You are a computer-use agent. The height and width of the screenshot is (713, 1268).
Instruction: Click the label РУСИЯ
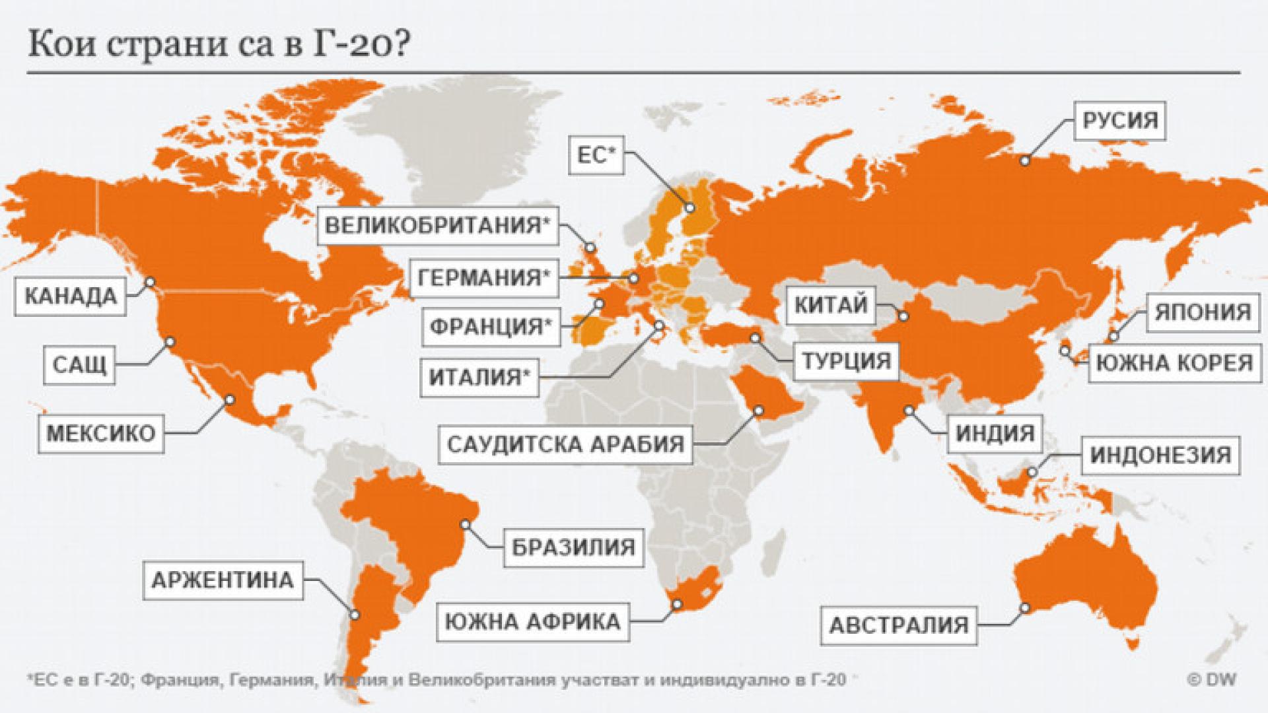(1120, 121)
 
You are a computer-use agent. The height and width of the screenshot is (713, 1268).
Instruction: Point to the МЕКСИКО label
(101, 434)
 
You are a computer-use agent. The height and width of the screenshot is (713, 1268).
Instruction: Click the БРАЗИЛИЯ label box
(573, 547)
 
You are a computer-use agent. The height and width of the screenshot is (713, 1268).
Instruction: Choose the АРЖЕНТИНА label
(223, 581)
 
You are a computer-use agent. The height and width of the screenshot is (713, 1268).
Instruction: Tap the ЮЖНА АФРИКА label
(533, 621)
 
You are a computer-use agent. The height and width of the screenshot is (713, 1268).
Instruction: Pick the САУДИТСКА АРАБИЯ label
(565, 444)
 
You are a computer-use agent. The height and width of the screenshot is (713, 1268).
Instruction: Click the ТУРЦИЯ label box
(846, 361)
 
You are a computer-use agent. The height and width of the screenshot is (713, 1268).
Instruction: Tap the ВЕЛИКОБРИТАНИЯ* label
(437, 226)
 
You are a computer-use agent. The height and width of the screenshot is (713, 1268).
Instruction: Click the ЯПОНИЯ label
(1203, 312)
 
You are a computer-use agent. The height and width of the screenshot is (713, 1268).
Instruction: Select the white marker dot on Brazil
(466, 524)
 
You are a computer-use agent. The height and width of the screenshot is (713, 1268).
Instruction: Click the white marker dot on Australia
(1026, 607)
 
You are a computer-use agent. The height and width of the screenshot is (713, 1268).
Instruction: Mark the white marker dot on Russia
(1025, 160)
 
